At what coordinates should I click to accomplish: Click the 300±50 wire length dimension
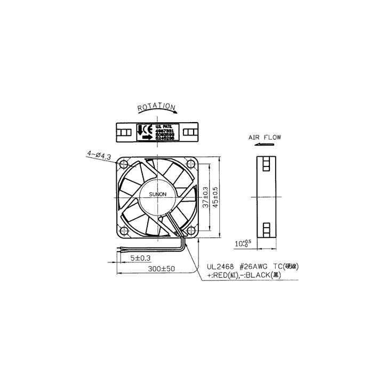tap(162, 269)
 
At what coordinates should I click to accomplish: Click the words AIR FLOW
tap(265, 137)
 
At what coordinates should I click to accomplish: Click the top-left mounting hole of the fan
tap(124, 162)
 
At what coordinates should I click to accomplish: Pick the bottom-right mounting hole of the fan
tap(191, 230)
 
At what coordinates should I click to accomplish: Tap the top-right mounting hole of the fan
tap(191, 162)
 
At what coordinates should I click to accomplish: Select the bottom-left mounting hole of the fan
tap(124, 230)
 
